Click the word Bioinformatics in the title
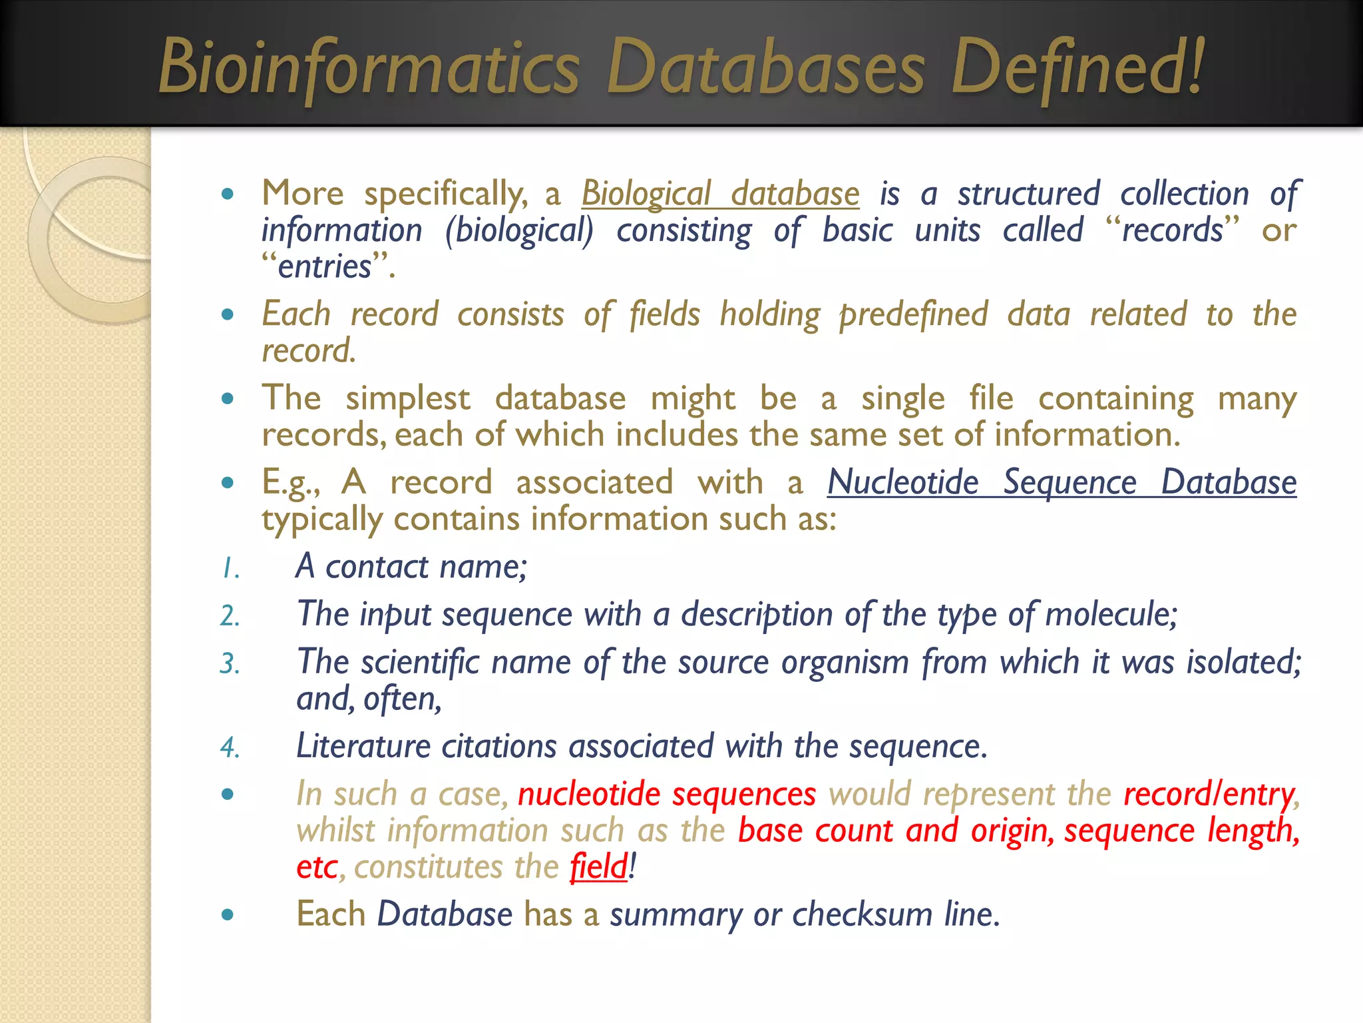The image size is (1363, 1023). [x=369, y=67]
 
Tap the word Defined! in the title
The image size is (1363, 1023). [x=1078, y=67]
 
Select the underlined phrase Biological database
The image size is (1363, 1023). [x=720, y=194]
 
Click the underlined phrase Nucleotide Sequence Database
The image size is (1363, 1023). [x=1062, y=482]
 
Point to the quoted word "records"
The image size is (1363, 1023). [x=1173, y=230]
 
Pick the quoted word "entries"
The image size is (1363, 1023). [x=325, y=266]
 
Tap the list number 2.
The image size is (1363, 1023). [x=230, y=616]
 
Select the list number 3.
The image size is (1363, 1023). [x=230, y=664]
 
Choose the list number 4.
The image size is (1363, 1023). [x=230, y=748]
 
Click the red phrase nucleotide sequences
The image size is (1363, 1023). [x=667, y=795]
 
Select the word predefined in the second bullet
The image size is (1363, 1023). [x=913, y=314]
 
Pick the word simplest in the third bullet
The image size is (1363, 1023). [x=407, y=398]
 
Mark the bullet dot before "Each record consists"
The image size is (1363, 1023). [x=228, y=314]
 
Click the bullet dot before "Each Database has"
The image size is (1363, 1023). [x=228, y=914]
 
